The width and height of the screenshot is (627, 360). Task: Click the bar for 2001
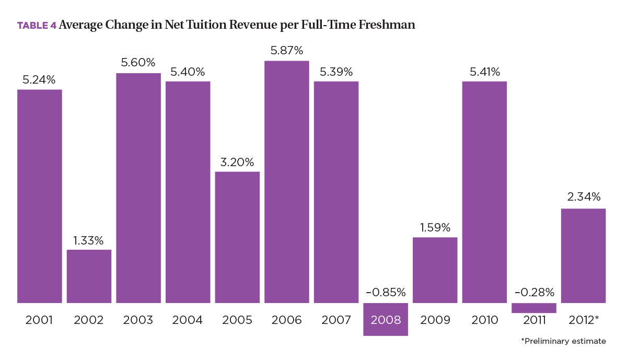pyautogui.click(x=39, y=196)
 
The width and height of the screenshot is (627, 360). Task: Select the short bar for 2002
pyautogui.click(x=89, y=276)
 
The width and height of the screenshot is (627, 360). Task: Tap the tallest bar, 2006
pyautogui.click(x=286, y=182)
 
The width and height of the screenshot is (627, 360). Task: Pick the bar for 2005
pyautogui.click(x=237, y=237)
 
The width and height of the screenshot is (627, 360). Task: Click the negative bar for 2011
pyautogui.click(x=534, y=308)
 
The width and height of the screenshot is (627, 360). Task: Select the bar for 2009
pyautogui.click(x=435, y=270)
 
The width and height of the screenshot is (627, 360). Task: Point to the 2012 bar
pyautogui.click(x=583, y=256)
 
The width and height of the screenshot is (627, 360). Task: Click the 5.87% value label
pyautogui.click(x=286, y=51)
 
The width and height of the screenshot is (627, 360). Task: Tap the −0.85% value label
pyautogui.click(x=385, y=292)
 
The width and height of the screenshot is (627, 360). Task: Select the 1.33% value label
pyautogui.click(x=89, y=240)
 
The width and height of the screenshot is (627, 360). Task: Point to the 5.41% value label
pyautogui.click(x=484, y=71)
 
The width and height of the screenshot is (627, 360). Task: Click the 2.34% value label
pyautogui.click(x=583, y=198)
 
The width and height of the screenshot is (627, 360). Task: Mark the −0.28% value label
pyautogui.click(x=534, y=292)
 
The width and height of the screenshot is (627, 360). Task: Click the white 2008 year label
pyautogui.click(x=385, y=320)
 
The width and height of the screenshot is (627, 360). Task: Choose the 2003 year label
pyautogui.click(x=138, y=320)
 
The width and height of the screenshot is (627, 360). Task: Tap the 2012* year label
pyautogui.click(x=584, y=320)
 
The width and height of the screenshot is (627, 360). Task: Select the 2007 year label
pyautogui.click(x=336, y=320)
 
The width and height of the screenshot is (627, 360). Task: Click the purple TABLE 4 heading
pyautogui.click(x=37, y=25)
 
